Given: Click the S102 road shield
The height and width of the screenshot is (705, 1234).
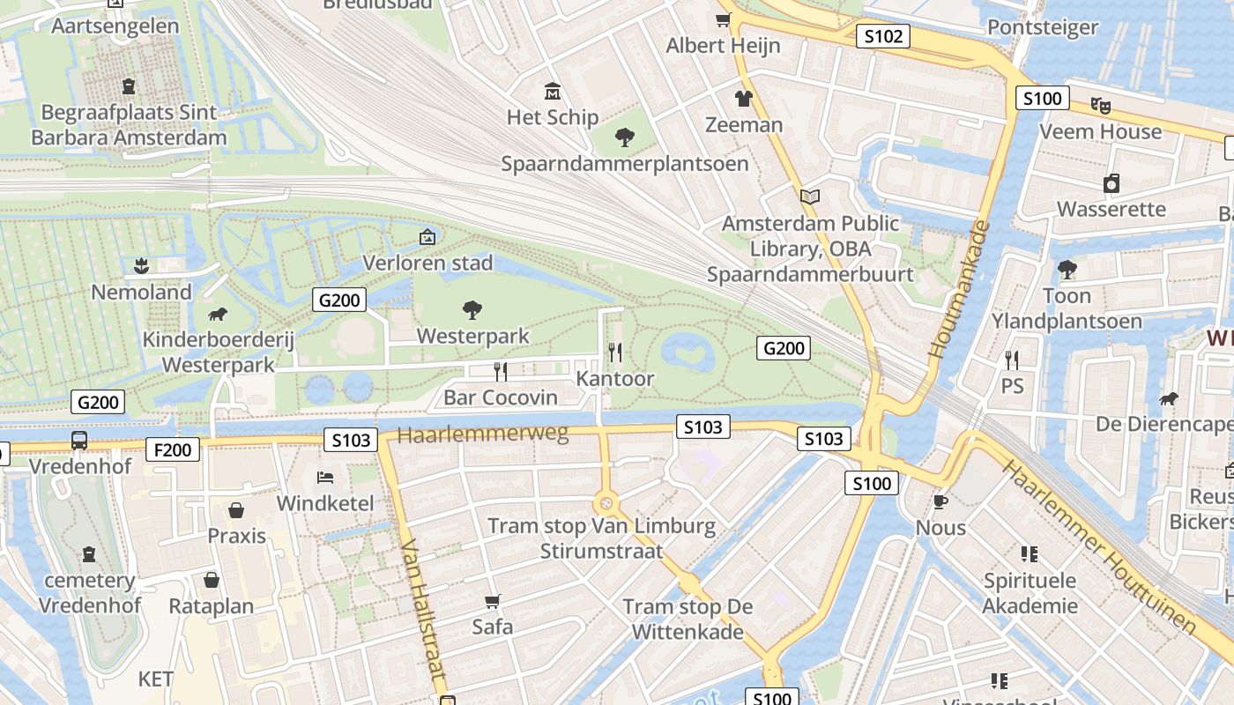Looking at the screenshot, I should click(x=882, y=36).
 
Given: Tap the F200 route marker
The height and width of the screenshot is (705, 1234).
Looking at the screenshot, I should click(x=173, y=449).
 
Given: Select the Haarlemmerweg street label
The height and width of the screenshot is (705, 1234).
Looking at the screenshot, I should click(x=483, y=434).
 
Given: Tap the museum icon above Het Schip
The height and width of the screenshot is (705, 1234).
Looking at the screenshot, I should click(x=553, y=91).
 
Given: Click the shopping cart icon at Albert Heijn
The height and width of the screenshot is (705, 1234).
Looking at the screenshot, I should click(x=723, y=20).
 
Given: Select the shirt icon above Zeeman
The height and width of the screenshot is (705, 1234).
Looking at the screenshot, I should click(x=743, y=98).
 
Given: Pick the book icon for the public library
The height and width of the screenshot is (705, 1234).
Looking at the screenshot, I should click(x=810, y=197).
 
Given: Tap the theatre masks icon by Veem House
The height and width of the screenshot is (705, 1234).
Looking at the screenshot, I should click(x=1100, y=105).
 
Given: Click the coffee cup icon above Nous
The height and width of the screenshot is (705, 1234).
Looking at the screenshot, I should click(x=940, y=501).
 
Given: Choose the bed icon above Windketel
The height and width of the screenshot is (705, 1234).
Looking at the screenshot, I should click(x=325, y=478).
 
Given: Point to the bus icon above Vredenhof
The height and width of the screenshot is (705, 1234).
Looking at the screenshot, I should click(x=79, y=440).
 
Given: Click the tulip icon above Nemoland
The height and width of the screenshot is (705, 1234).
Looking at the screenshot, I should click(x=140, y=265).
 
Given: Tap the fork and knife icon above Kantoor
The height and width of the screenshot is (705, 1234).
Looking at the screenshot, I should click(x=615, y=352).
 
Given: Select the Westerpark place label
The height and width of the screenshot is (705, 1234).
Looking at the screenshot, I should click(x=472, y=336).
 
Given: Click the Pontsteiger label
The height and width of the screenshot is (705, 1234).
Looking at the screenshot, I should click(x=1043, y=27).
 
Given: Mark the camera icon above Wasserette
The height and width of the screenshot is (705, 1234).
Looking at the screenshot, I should click(x=1111, y=183).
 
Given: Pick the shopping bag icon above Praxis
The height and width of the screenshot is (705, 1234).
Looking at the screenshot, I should click(x=236, y=509).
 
